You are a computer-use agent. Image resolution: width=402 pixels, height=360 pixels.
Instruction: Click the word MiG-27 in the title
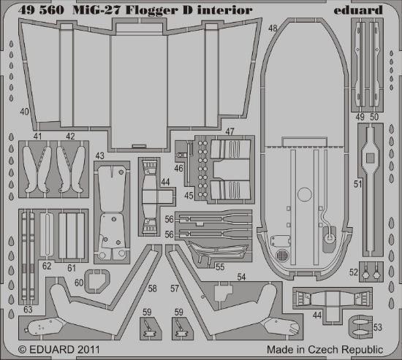[92, 10]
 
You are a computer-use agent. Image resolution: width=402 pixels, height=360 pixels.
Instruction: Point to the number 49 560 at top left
[34, 10]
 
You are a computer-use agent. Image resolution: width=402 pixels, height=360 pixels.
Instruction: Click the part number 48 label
[272, 28]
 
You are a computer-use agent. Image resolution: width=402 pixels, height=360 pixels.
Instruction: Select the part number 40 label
[25, 112]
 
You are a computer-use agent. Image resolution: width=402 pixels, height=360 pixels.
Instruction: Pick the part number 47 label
[230, 131]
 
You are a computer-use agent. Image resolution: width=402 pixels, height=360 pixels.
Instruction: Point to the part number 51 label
[357, 185]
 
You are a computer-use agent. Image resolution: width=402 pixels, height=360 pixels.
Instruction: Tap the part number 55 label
[219, 268]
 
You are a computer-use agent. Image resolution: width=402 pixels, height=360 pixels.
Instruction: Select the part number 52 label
[353, 272]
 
